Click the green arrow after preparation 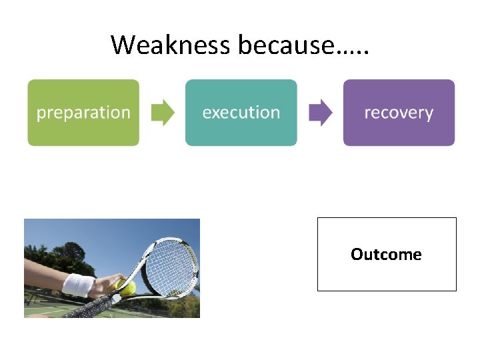162,113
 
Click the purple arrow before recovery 321,113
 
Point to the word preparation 83,113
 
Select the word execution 241,113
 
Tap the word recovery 399,113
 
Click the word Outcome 386,255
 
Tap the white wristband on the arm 79,285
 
